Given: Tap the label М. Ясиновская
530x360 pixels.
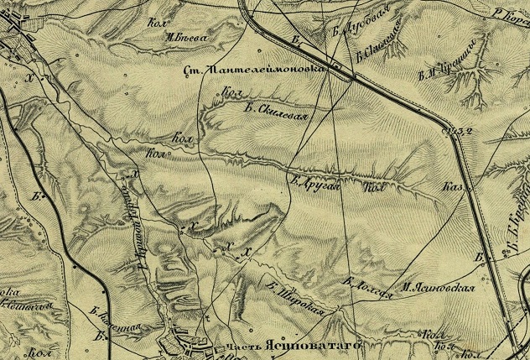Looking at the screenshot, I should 437,287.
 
